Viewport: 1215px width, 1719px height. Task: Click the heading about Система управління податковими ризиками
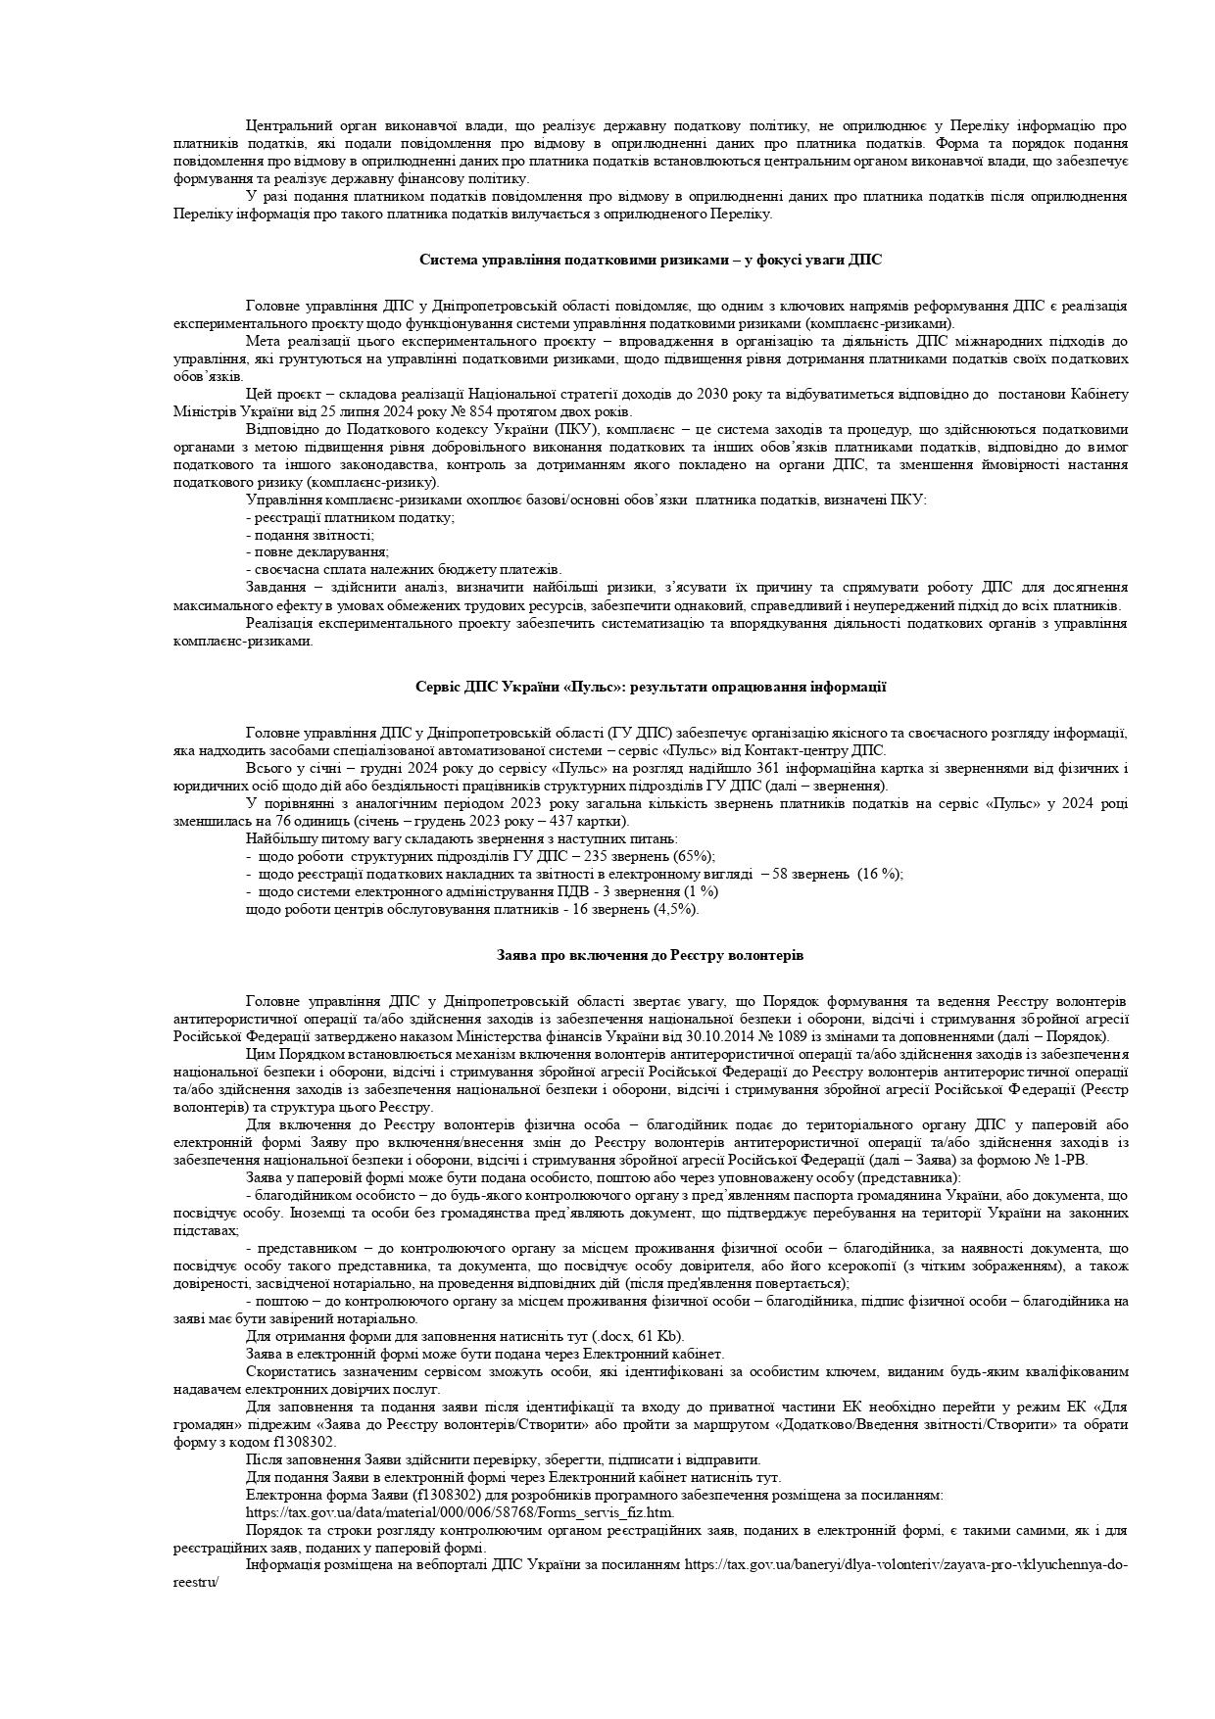(650, 260)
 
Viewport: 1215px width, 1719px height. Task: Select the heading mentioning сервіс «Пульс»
(651, 687)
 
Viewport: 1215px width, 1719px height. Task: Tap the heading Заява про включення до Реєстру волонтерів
(650, 955)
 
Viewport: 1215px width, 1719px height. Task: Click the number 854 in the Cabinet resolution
(484, 411)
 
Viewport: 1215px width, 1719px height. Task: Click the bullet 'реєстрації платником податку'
(350, 517)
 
